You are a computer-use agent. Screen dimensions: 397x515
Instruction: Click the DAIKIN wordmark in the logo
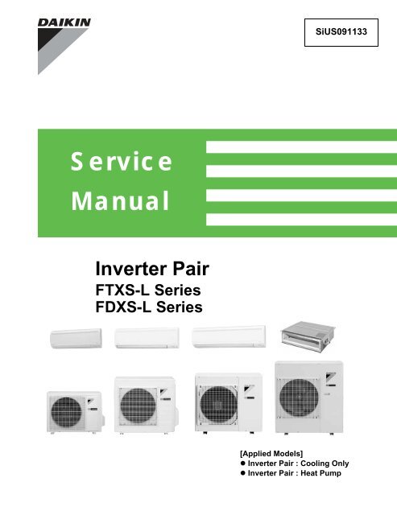[64, 23]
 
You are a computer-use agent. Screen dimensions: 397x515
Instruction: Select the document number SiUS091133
[341, 32]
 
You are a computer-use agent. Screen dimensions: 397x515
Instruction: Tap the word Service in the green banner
[122, 161]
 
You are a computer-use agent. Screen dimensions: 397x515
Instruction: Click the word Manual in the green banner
[120, 200]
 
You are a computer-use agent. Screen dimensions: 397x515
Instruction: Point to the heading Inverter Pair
[152, 269]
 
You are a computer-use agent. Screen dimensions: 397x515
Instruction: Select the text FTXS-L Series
[148, 290]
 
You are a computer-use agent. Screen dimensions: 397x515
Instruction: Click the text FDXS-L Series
[149, 307]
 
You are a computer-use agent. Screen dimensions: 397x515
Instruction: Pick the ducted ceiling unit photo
[308, 336]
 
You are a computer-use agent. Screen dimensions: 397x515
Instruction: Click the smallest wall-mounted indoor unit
[76, 338]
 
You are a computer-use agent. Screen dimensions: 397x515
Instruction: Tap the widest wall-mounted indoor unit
[229, 336]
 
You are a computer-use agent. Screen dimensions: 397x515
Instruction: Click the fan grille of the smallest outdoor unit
[66, 412]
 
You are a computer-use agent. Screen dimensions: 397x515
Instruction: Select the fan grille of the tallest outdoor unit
[299, 398]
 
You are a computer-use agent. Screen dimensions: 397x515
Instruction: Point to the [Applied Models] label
[271, 454]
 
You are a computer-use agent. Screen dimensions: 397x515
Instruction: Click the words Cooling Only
[325, 463]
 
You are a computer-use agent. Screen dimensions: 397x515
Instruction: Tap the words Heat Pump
[320, 473]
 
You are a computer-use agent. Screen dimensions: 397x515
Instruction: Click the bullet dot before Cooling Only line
[243, 463]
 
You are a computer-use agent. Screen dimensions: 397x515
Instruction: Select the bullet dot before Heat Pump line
[243, 473]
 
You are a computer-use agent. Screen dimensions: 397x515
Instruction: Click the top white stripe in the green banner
[301, 147]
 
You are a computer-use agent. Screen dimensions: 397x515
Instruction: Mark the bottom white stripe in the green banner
[301, 220]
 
